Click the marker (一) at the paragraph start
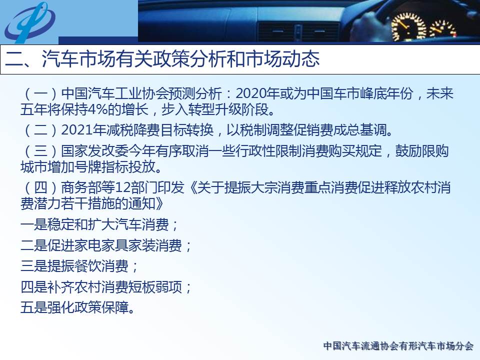[x=40, y=93]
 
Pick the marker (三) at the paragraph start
[x=40, y=151]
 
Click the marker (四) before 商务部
[x=40, y=187]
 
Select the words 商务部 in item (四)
[x=81, y=187]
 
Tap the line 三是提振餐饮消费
[x=79, y=266]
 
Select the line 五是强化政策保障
[x=78, y=307]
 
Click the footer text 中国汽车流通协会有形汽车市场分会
[x=398, y=346]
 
